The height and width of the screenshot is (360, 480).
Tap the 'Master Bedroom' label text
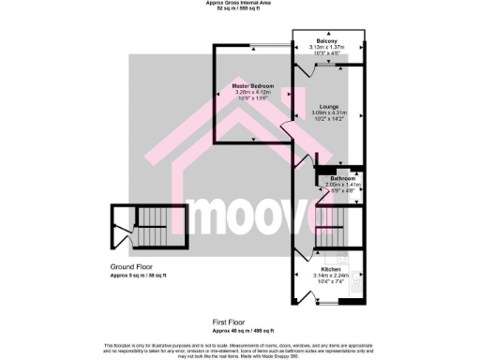tap(253, 85)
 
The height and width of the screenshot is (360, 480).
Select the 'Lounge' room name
tap(329, 106)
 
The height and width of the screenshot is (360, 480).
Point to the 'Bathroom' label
tap(342, 178)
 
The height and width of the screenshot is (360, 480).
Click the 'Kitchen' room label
tap(330, 254)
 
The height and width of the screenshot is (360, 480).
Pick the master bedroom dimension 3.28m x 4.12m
tap(253, 92)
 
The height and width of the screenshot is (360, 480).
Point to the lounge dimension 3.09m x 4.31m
tap(329, 113)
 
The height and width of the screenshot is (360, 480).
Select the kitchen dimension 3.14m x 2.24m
tap(330, 262)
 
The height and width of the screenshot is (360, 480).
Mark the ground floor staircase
tap(150, 230)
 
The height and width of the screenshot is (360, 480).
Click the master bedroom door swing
tap(287, 130)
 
